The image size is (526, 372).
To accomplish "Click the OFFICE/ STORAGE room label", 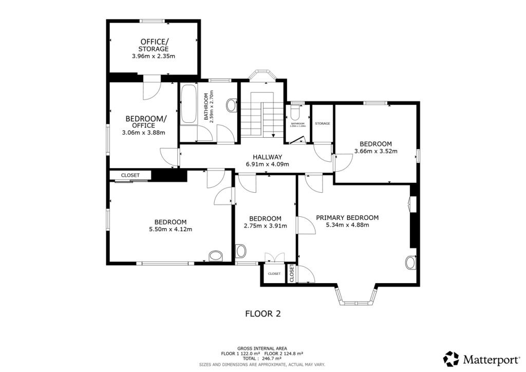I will point(154,45).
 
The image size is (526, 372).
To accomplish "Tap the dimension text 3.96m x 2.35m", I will point(154,56).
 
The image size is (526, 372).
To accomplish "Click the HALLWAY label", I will point(267,157).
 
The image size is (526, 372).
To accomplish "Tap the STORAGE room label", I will point(323,124).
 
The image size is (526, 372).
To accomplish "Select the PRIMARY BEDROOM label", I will point(347,217).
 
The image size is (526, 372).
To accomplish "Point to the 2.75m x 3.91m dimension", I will point(265,226).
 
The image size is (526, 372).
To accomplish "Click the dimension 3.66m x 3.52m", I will point(376,151).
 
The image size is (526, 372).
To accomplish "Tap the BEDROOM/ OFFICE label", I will point(146,121).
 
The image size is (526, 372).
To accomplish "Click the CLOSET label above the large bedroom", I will point(130,175).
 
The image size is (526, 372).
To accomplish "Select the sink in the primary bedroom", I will point(410,263).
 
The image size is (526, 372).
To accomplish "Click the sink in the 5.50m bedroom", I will point(215,256).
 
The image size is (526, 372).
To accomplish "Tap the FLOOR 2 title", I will point(262,313).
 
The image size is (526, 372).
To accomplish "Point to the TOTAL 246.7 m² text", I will point(262,359).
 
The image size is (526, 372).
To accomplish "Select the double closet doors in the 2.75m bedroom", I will point(273,257).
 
